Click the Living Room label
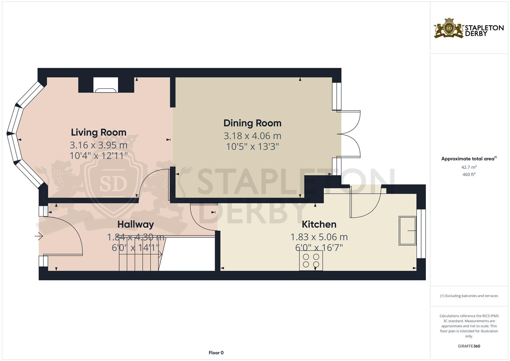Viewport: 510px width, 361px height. point(99,132)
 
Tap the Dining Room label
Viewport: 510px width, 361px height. point(252,123)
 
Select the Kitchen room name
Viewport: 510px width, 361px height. point(319,224)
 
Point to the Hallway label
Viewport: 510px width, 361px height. point(135,224)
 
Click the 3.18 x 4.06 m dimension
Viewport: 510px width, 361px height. point(252,136)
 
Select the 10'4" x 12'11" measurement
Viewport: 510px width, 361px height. point(99,156)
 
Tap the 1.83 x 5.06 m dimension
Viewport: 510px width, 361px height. point(319,237)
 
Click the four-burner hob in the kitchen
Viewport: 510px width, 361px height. point(311,261)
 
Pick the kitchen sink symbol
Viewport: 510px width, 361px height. point(407,231)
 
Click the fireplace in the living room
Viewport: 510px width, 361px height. point(106,85)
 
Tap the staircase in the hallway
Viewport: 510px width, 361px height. point(140,262)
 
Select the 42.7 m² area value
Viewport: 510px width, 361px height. point(469,167)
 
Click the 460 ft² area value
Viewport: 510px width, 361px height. point(469,174)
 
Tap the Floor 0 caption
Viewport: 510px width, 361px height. point(216,353)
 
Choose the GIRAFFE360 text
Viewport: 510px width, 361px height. point(469,346)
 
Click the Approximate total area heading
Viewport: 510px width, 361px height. point(469,159)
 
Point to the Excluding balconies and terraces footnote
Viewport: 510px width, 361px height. point(469,296)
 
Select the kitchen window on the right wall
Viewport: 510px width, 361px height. point(421,234)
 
